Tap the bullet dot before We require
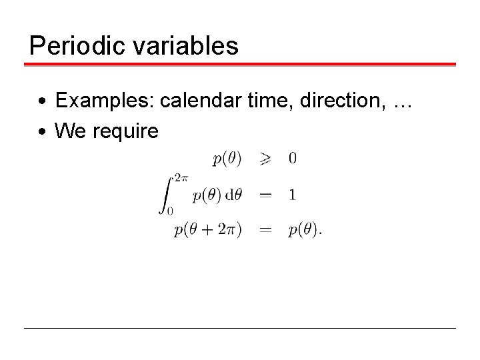(41, 131)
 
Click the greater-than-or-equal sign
(265, 159)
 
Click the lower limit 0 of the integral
(170, 211)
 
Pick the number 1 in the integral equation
(293, 195)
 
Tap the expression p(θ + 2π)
(208, 230)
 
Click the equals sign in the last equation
(265, 231)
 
